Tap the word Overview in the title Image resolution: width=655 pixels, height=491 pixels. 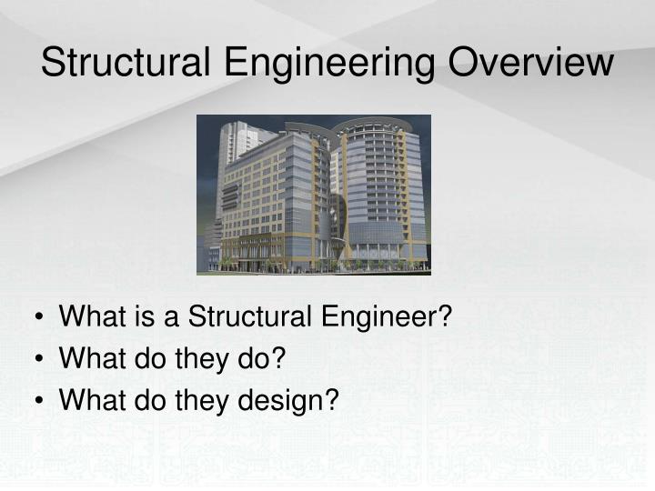tap(527, 63)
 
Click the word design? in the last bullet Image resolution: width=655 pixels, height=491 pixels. tap(287, 399)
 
